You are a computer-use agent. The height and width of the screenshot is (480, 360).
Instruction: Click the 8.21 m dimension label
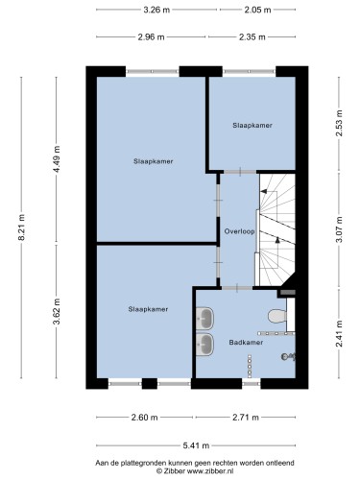21,228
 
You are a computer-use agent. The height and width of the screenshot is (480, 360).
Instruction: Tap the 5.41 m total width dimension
196,445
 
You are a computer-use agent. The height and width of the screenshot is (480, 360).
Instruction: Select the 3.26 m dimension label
156,10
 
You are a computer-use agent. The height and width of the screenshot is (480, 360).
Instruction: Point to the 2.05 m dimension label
257,10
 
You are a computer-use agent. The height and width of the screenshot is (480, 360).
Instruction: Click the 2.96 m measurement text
151,37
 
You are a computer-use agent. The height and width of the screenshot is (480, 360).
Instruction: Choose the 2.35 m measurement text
252,37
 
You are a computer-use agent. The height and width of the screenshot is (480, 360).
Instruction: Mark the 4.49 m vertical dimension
57,159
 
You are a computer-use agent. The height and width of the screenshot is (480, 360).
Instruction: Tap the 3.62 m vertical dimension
57,311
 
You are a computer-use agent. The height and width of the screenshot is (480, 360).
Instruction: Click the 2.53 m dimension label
339,123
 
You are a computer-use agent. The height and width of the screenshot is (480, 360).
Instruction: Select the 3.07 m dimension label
339,229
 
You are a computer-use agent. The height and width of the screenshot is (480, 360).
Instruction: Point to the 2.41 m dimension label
339,333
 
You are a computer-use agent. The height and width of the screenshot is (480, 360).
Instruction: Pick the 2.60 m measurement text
144,418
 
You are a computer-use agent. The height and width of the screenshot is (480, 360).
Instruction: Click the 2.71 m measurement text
246,418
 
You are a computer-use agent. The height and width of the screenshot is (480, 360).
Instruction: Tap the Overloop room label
239,231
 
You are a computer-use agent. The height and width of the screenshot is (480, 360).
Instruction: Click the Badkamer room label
246,343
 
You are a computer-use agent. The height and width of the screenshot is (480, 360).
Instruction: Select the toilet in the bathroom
277,316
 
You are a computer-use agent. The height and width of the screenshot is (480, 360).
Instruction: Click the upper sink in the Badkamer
204,318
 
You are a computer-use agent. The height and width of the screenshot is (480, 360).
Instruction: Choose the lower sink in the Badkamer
204,345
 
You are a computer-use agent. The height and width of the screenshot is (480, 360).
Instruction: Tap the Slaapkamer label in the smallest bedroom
252,126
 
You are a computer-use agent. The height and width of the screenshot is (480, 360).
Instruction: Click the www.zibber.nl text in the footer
210,470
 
